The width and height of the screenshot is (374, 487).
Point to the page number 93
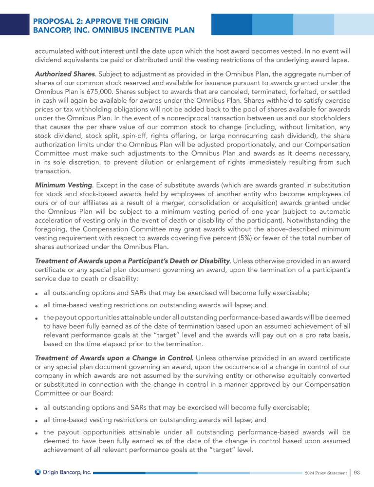click(x=357, y=472)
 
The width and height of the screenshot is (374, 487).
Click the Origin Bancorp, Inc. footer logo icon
click(x=38, y=472)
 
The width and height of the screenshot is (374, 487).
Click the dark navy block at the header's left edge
click(x=14, y=24)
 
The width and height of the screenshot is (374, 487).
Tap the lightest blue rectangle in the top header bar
click(x=354, y=24)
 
